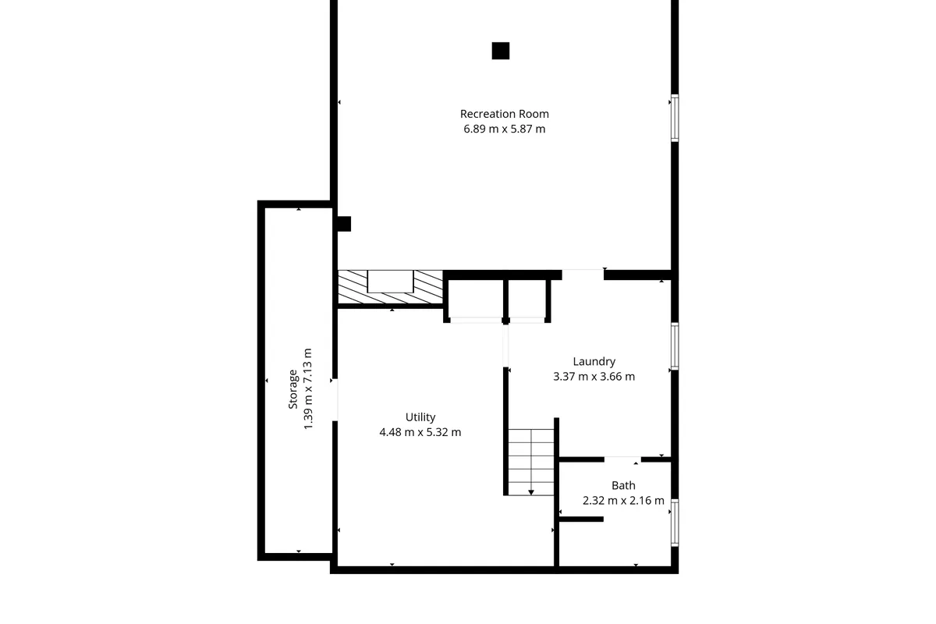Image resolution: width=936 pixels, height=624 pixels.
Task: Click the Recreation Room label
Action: [504, 114]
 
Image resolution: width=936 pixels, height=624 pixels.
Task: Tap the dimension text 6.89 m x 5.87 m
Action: [504, 129]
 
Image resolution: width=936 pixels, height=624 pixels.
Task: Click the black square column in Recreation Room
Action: [501, 51]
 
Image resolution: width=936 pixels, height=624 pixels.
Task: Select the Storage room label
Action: [293, 388]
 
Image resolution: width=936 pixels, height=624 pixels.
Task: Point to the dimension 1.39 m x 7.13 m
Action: [308, 388]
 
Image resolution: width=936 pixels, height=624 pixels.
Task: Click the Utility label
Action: [420, 417]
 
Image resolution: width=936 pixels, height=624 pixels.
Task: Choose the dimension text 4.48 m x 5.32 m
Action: [420, 432]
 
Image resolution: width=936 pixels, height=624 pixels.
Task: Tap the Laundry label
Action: [594, 361]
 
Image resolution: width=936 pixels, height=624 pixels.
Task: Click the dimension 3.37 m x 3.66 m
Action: [594, 376]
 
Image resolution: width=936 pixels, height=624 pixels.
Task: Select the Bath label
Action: [623, 485]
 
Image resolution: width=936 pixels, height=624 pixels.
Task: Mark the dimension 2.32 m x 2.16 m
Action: [623, 501]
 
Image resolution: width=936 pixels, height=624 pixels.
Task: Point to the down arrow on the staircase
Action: [531, 491]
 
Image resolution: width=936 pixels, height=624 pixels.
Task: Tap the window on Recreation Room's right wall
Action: [675, 119]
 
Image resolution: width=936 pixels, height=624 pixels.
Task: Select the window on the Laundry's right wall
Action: [675, 346]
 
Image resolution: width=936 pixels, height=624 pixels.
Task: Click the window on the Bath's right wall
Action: [675, 521]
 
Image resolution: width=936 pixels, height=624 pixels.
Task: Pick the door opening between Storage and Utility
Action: [334, 400]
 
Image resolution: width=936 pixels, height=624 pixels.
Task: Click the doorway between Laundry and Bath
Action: [622, 459]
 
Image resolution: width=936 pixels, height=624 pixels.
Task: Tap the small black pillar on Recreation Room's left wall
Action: [343, 224]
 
